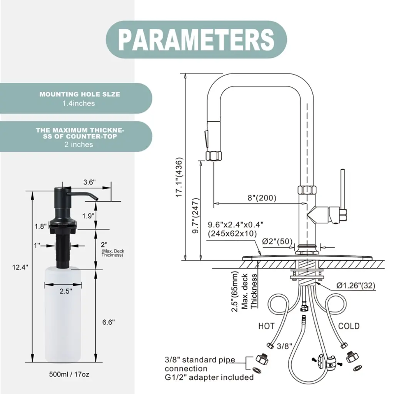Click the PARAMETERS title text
pos(196,40)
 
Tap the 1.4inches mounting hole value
pos(78,103)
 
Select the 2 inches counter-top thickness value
pos(78,145)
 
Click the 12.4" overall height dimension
pos(20,267)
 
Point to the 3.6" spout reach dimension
pos(89,182)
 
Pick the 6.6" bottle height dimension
pos(109,322)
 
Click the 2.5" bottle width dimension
pos(66,291)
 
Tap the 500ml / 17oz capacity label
pos(69,374)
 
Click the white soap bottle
pos(63,316)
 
